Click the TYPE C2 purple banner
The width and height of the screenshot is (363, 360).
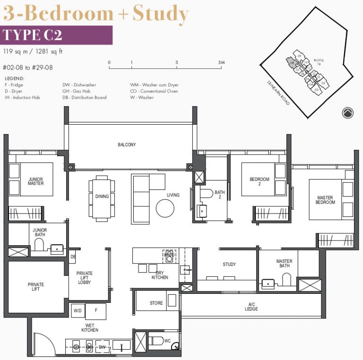click(x=57, y=35)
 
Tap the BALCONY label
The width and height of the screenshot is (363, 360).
click(x=127, y=145)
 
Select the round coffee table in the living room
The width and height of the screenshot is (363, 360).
click(x=165, y=207)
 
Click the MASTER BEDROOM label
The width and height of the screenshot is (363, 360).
click(x=325, y=200)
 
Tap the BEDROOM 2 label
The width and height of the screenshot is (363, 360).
click(x=259, y=182)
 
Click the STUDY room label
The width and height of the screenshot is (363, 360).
click(x=229, y=265)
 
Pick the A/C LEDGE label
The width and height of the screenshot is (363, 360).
click(x=251, y=307)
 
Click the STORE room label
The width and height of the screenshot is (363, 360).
click(x=156, y=303)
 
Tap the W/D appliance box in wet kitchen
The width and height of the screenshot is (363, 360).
click(x=78, y=311)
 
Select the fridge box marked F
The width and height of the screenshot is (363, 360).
click(x=96, y=311)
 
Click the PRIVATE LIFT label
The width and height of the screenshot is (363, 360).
click(x=36, y=287)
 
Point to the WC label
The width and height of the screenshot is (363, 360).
click(x=167, y=340)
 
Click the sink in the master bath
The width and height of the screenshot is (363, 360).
click(x=268, y=283)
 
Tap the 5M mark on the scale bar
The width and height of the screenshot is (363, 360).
click(x=221, y=62)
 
